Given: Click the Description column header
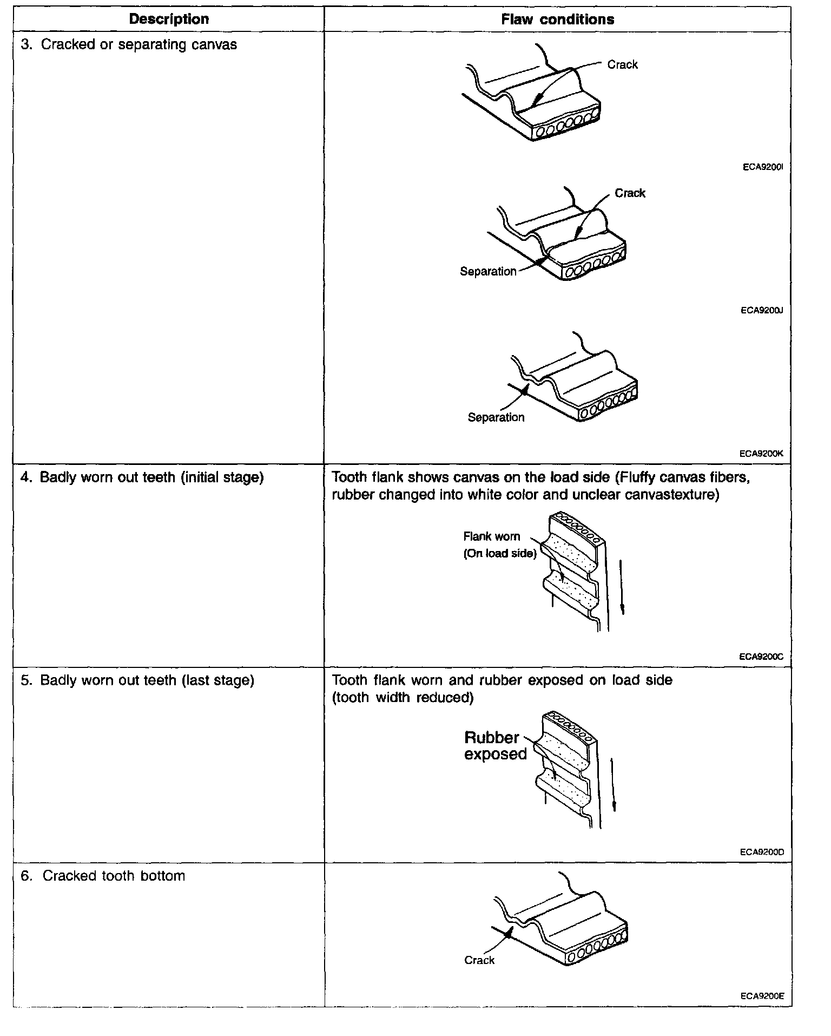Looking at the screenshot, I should tap(169, 19).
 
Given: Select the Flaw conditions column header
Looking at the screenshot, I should tap(557, 19).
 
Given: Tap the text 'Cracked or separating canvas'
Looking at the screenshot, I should tap(138, 44).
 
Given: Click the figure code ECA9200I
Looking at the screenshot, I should tap(763, 167).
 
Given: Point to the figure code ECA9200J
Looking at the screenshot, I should tap(762, 311).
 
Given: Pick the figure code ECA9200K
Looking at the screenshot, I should tap(762, 454).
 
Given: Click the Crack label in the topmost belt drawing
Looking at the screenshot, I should tap(622, 65).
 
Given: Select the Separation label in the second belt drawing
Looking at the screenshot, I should tap(488, 272).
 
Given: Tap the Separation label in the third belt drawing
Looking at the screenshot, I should tap(496, 417).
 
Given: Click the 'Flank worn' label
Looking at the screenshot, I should tap(491, 536).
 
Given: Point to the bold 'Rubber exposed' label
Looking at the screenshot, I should tap(494, 746).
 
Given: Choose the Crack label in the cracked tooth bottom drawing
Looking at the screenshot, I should tap(479, 960).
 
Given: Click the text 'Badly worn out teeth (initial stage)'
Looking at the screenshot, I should tap(151, 477).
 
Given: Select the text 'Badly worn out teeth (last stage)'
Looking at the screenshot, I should tap(147, 680).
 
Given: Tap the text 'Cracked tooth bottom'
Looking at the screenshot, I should tap(114, 876).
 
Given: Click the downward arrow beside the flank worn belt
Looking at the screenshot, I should tap(622, 587).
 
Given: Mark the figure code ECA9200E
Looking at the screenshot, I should tap(762, 996).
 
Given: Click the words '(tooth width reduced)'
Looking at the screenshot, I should tap(403, 698).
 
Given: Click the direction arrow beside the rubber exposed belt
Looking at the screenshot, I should tap(614, 785).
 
